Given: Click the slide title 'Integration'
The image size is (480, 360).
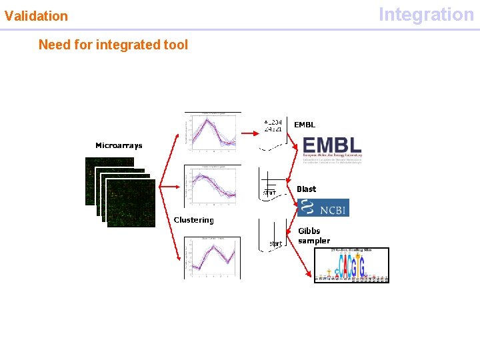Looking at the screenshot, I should point(426,14).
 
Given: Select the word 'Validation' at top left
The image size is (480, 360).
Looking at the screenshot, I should point(36,15).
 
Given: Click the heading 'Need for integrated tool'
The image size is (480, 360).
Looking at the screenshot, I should point(113,45).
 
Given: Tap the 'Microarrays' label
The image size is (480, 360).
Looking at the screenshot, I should point(119,145).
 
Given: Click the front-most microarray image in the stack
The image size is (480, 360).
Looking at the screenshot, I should point(131,203).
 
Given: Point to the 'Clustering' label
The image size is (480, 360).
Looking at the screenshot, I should point(194,220).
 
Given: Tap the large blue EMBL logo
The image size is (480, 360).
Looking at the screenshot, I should point(332,147).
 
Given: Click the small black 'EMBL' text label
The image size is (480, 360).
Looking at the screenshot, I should point(305,125).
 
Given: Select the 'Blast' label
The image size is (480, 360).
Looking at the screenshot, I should point(307,189).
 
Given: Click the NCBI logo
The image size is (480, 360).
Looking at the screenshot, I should point(323,208).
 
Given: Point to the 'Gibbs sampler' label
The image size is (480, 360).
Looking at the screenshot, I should point(313,236).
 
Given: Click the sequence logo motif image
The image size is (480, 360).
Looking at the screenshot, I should point(351,266).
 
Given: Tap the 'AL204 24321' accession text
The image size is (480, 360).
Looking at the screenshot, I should point(273,125).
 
